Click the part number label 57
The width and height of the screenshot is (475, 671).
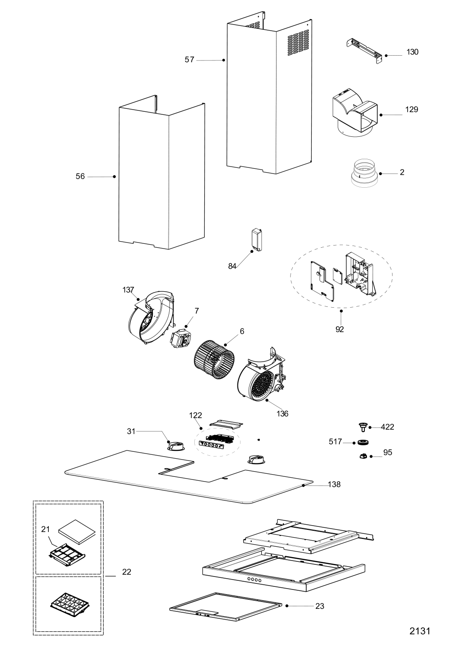[x=190, y=60]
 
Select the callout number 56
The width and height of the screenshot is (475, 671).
[x=80, y=176]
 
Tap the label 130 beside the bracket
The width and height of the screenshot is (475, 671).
[x=412, y=52]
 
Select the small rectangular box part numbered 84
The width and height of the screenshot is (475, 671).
[x=258, y=239]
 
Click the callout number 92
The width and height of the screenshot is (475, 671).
[x=340, y=329]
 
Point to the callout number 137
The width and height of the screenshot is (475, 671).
[x=128, y=290]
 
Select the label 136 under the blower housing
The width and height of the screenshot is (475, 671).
[x=282, y=414]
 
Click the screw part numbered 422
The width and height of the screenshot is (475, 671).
[x=362, y=427]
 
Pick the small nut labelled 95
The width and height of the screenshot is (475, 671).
[x=363, y=456]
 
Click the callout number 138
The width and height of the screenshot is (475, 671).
[x=334, y=485]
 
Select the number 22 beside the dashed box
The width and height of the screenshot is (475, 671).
[x=126, y=572]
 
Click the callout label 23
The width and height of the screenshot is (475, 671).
[x=320, y=606]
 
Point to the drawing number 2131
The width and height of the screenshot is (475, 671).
[x=420, y=631]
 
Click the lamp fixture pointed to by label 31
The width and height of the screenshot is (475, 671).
[x=175, y=445]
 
